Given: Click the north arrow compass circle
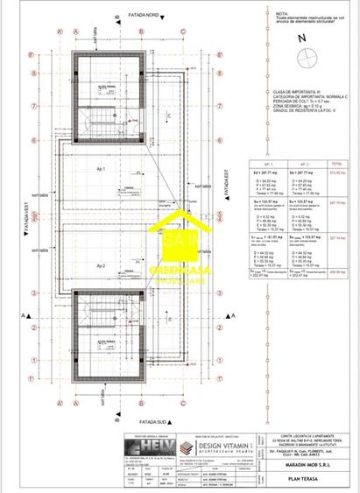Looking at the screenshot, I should click(x=307, y=59).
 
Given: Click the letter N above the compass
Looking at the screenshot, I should click(x=300, y=39).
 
